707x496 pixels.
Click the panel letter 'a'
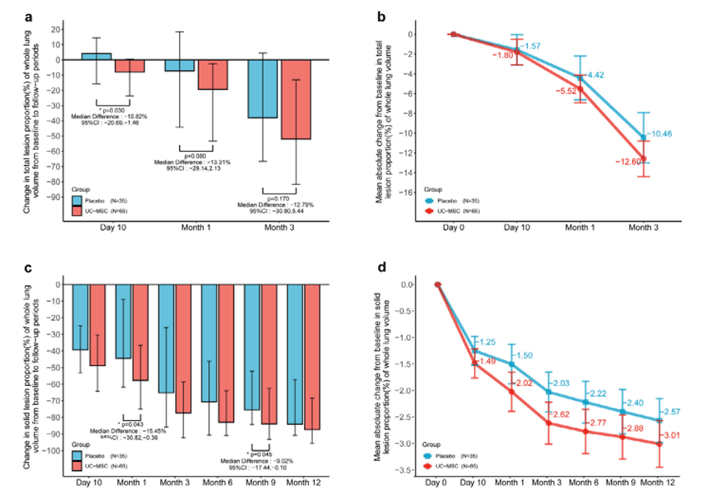(31, 15)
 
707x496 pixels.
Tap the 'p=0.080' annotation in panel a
(197, 155)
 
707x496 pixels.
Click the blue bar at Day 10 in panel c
(80, 317)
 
